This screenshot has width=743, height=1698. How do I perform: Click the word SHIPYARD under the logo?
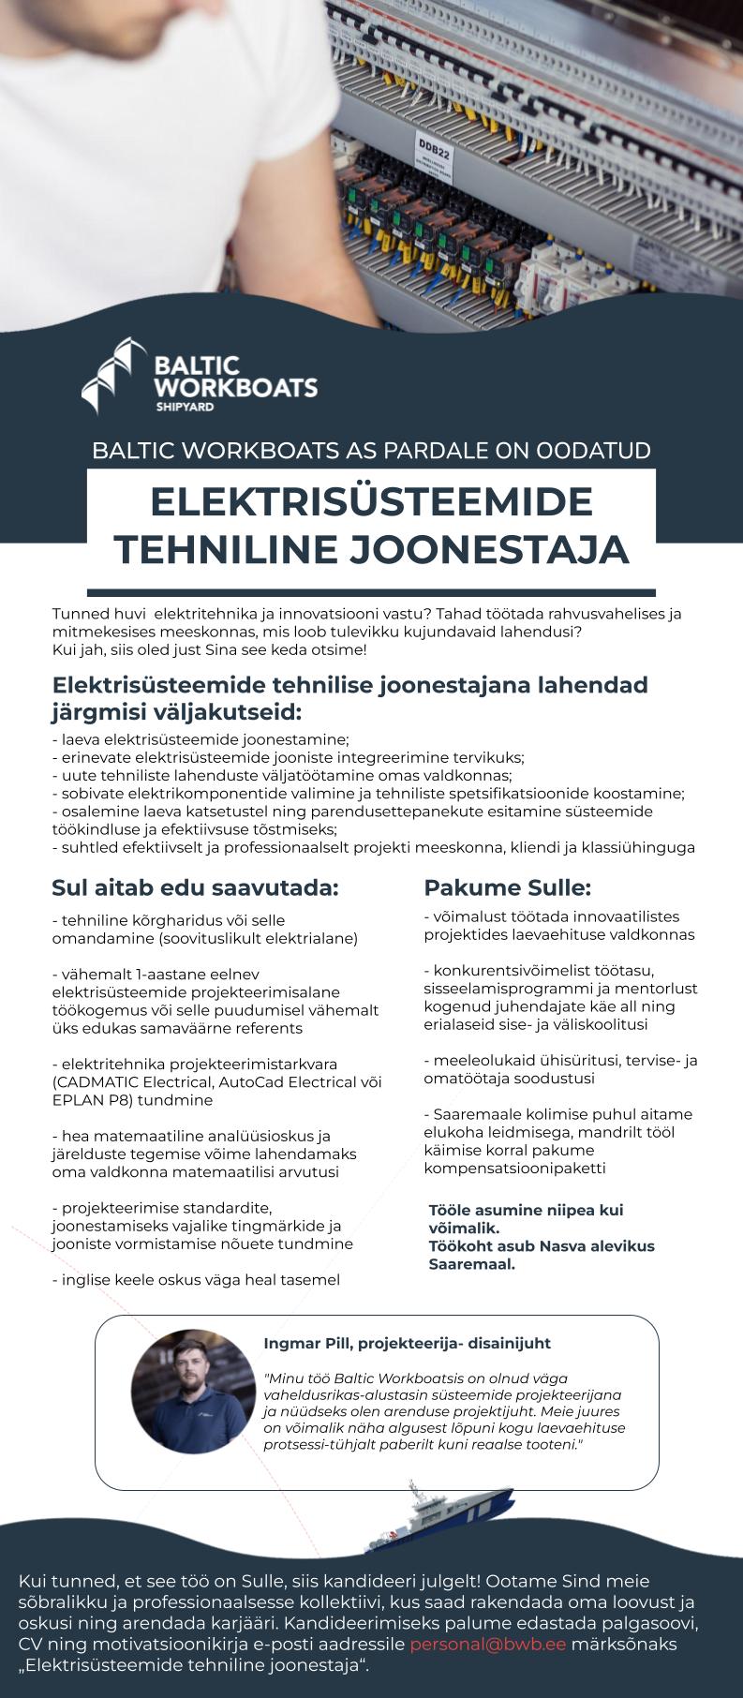tap(185, 408)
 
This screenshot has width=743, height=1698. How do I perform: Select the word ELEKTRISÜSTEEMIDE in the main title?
tap(371, 501)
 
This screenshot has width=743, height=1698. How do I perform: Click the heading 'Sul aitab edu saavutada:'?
tap(195, 887)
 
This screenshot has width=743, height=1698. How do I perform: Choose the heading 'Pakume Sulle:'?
tap(507, 887)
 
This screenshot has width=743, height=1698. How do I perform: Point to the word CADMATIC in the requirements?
tap(98, 1082)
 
